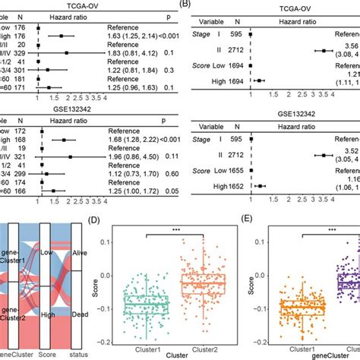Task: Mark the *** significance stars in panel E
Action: point(331,229)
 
